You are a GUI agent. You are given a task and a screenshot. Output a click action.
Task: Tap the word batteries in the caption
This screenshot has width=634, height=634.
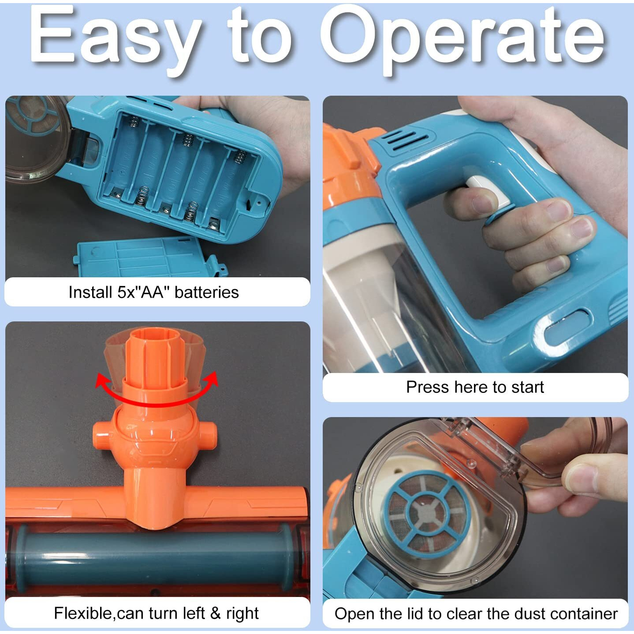click(207, 292)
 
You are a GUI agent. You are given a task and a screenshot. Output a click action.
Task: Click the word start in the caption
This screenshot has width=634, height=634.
click(527, 387)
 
